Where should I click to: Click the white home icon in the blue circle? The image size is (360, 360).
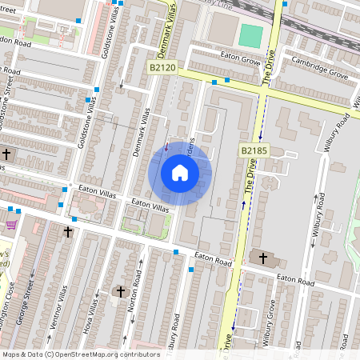[x=180, y=173]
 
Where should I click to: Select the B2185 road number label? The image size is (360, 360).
[x=252, y=150]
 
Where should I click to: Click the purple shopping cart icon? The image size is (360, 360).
[x=11, y=226]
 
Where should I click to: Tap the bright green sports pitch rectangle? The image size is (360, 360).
[x=250, y=35]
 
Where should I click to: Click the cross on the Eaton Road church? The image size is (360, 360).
[x=263, y=258]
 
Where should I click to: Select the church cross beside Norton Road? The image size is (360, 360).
[x=121, y=292]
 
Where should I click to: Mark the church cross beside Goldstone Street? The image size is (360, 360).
[x=7, y=154]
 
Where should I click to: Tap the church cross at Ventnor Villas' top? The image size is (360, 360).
[x=68, y=233]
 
